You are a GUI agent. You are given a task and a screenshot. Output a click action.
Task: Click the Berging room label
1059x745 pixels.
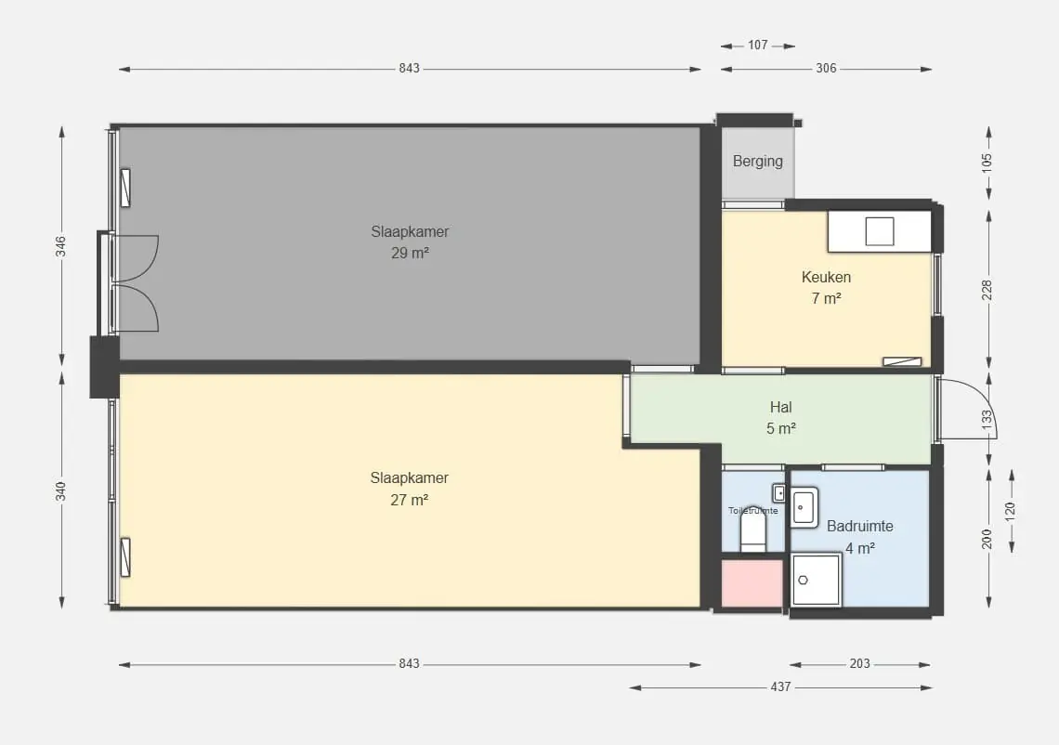click(758, 161)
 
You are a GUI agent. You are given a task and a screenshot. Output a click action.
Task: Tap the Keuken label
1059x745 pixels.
click(826, 277)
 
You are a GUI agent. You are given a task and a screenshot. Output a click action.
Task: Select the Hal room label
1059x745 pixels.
click(780, 407)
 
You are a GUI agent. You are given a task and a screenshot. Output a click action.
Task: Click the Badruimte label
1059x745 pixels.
click(860, 526)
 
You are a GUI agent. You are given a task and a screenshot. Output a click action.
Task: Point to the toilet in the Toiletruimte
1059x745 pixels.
click(753, 531)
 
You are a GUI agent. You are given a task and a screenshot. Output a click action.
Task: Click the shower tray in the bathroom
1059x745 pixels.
click(816, 580)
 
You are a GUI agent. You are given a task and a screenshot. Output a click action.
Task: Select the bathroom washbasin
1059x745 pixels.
click(804, 506)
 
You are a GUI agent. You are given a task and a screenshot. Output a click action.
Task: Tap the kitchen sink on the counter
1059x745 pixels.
click(880, 231)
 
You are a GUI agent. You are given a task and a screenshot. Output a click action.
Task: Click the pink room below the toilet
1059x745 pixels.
click(752, 582)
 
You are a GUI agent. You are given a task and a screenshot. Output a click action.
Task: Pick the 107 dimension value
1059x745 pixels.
click(758, 46)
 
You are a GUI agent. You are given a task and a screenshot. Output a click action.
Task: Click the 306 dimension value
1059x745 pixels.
click(826, 68)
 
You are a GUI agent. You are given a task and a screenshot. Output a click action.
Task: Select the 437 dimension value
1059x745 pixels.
click(780, 686)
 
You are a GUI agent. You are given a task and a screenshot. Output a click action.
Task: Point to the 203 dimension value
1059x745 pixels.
click(860, 664)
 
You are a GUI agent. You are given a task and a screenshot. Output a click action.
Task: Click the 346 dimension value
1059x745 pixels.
click(60, 246)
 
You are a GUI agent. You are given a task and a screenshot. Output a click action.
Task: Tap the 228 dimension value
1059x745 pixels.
click(987, 290)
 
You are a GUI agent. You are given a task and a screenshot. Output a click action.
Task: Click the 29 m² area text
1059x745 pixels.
click(410, 254)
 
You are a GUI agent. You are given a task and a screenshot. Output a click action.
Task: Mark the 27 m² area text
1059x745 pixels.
click(410, 500)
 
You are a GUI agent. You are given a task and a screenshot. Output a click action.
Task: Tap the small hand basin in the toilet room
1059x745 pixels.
click(778, 493)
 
